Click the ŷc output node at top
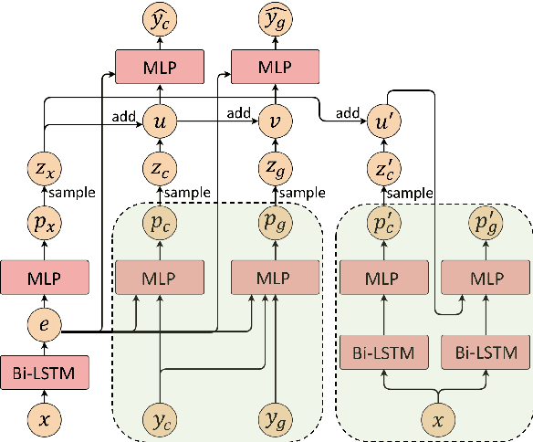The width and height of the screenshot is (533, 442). click(x=161, y=18)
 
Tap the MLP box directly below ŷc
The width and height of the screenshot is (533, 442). click(x=161, y=67)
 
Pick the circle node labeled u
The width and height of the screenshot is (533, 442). click(x=161, y=120)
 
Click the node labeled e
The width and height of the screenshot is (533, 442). click(x=45, y=325)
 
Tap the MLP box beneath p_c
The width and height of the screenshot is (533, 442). click(x=161, y=276)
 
